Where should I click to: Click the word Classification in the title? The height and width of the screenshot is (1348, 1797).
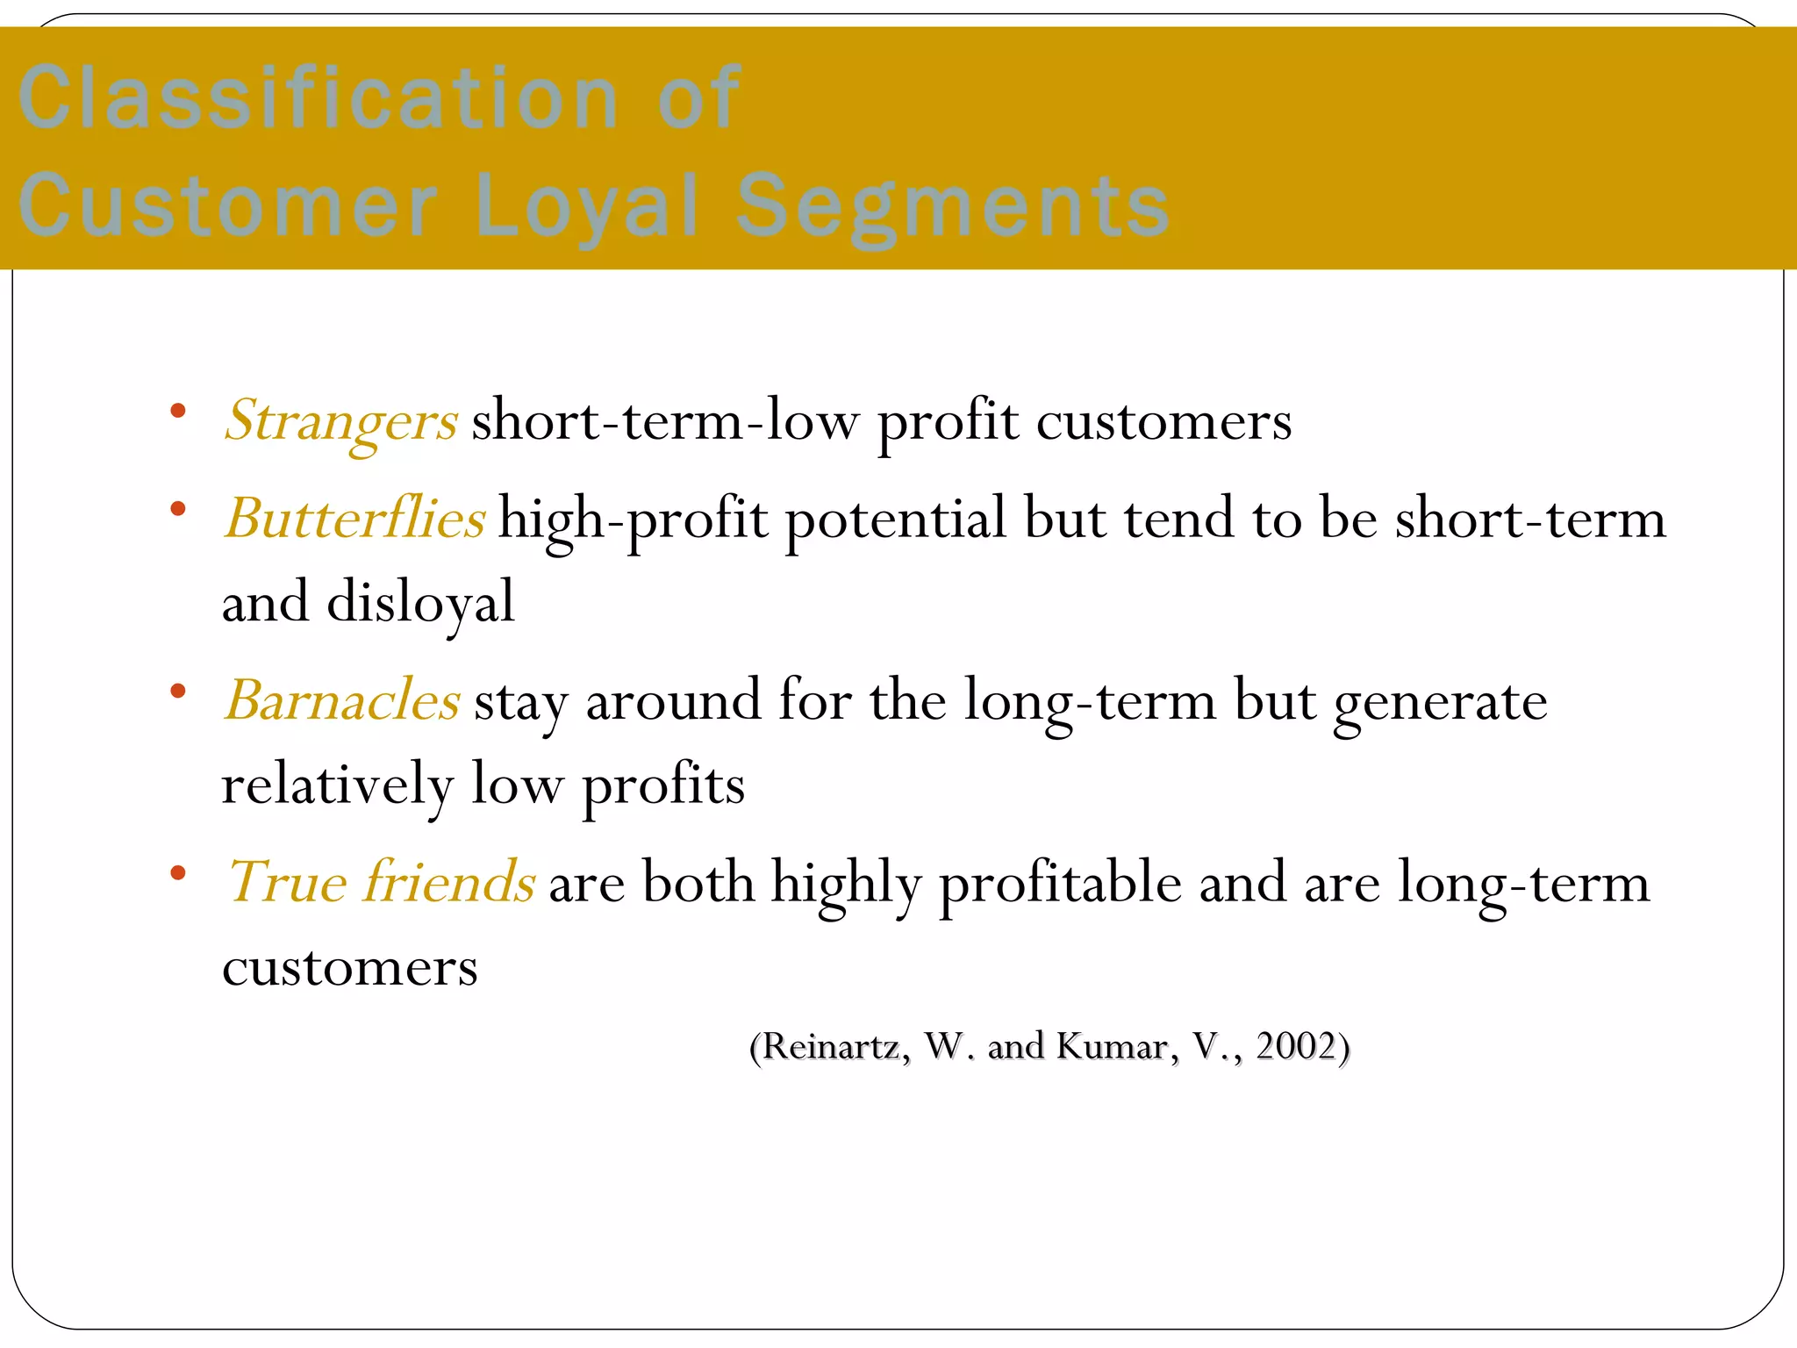318,98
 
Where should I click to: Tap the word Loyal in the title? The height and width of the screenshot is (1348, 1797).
586,206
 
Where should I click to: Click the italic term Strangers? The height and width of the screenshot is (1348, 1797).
340,421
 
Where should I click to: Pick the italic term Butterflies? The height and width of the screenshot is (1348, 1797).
354,518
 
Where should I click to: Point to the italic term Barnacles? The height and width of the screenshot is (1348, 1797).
342,701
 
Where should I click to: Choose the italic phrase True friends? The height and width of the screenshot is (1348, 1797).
381,882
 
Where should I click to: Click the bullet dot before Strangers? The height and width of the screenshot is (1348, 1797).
178,411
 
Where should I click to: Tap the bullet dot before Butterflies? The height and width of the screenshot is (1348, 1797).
178,508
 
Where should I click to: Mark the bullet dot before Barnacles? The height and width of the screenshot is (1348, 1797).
178,691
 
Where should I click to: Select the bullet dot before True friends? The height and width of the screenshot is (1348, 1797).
178,872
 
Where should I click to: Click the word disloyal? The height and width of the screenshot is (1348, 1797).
420,604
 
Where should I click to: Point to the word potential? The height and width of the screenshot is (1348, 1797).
895,520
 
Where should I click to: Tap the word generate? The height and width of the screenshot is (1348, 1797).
1440,703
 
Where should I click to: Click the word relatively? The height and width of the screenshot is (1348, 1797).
337,785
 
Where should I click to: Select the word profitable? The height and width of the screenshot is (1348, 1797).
1060,884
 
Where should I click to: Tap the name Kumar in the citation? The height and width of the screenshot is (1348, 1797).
1113,1046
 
